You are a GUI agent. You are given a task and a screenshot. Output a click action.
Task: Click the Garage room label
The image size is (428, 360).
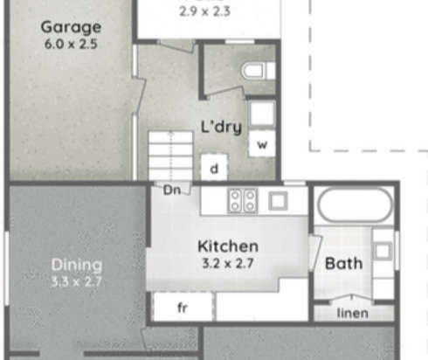click(71, 28)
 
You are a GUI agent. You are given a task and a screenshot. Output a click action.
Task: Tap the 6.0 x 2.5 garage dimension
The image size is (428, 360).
click(71, 45)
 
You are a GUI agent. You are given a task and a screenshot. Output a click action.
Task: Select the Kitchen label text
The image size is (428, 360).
click(228, 246)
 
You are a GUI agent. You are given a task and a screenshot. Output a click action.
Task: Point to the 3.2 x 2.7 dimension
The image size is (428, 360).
click(228, 263)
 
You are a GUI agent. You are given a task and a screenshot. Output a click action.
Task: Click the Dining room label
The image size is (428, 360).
click(77, 265)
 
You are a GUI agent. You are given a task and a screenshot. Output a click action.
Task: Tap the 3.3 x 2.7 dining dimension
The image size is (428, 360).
click(76, 281)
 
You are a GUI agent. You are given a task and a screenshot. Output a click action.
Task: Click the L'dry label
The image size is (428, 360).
click(222, 128)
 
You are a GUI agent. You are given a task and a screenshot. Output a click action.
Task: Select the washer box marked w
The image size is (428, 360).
click(262, 144)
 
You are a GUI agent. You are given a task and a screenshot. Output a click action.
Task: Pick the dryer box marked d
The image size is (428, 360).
click(214, 168)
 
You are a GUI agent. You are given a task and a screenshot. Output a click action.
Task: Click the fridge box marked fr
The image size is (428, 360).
click(183, 307)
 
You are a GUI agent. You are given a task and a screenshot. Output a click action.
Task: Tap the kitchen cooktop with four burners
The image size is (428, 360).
click(242, 200)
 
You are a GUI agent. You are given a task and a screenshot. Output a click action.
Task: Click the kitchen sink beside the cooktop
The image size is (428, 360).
click(278, 200)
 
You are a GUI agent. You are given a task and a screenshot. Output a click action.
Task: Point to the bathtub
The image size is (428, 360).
click(355, 205)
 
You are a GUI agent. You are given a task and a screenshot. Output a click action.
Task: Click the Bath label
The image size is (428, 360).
click(344, 264)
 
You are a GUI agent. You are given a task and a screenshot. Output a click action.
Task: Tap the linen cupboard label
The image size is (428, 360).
click(353, 313)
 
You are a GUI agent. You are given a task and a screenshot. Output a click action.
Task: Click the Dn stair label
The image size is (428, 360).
click(172, 190)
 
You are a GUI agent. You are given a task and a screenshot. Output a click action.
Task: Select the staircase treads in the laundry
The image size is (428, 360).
click(170, 156)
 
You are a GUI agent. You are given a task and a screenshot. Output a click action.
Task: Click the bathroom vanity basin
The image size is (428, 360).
click(383, 251)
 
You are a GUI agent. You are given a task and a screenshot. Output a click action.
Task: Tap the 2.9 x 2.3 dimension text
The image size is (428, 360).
click(205, 11)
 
